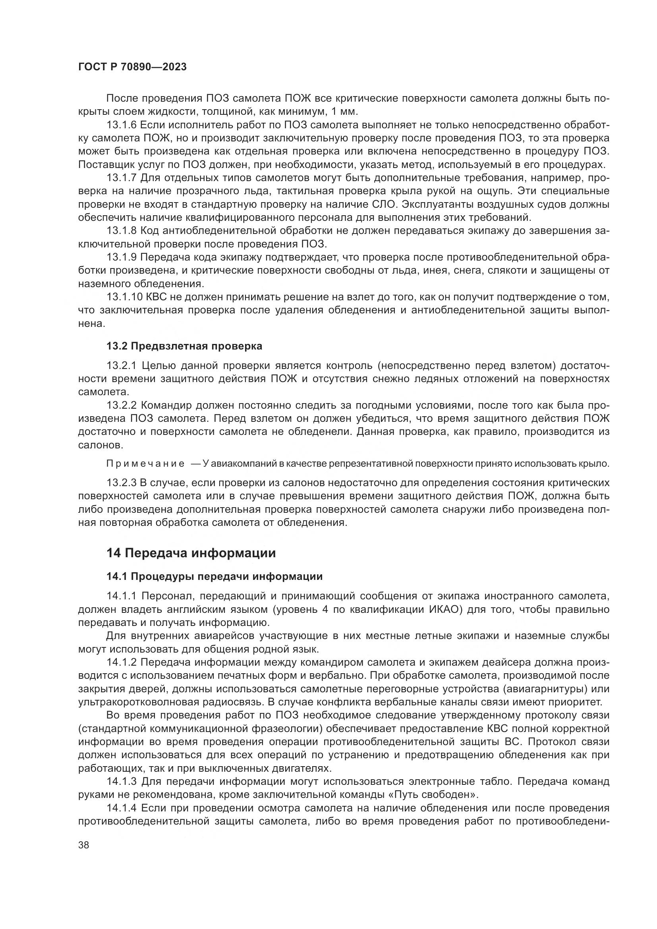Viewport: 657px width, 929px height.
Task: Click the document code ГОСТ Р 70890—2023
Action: pos(132,67)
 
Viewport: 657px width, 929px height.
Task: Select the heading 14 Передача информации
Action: pos(191,553)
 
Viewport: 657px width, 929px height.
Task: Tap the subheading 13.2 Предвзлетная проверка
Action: pos(184,346)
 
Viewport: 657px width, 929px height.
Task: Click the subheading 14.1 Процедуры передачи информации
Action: pos(214,576)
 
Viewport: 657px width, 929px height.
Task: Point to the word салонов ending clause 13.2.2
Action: pos(100,445)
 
